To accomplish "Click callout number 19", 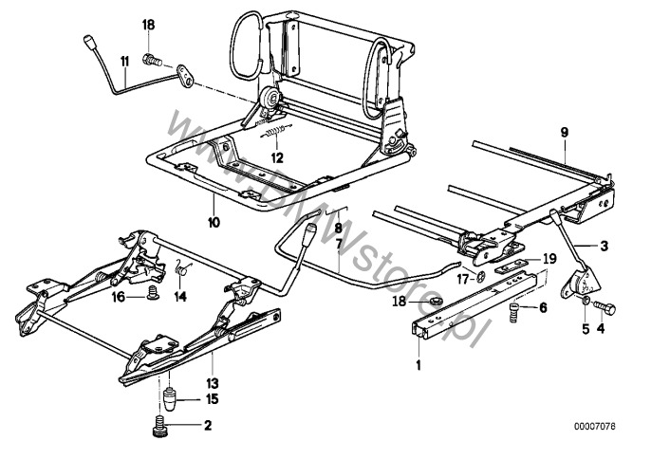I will click(x=549, y=258).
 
